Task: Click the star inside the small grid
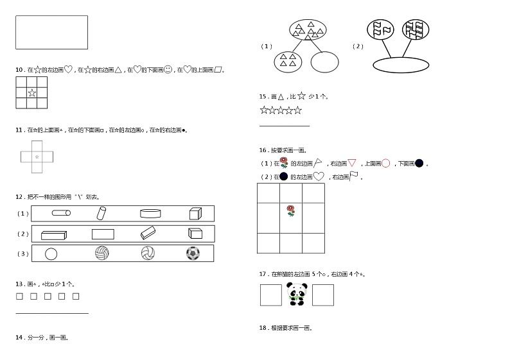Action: [x=31, y=93]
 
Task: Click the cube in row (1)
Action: [x=196, y=214]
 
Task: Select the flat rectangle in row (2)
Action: [x=103, y=234]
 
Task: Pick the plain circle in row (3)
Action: [x=51, y=254]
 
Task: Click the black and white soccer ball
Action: [x=193, y=254]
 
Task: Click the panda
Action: [x=297, y=295]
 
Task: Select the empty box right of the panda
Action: [x=323, y=295]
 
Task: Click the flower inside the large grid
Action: [x=291, y=210]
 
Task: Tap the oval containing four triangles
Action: [x=288, y=62]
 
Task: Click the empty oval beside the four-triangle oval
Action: [x=324, y=62]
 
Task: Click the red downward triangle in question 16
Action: [x=352, y=163]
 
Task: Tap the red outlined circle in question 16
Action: [x=385, y=163]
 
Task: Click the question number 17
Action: [x=263, y=274]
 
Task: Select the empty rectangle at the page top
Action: [x=51, y=33]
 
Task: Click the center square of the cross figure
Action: [x=37, y=157]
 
